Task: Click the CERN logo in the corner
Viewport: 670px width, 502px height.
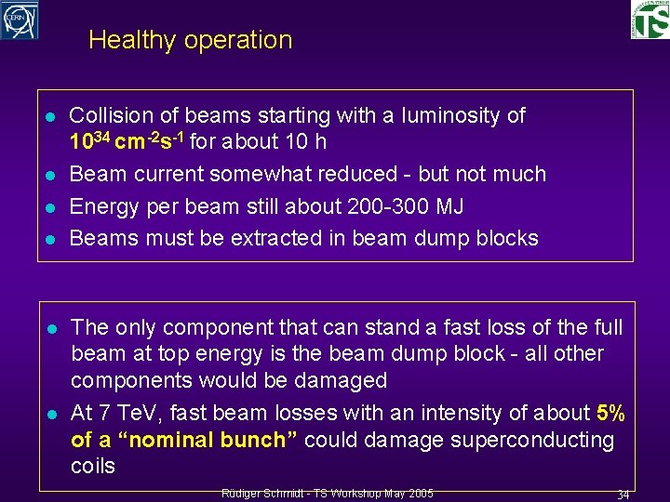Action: click(20, 20)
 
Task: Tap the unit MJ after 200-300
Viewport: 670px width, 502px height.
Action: click(446, 205)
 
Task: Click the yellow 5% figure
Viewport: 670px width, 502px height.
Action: click(610, 413)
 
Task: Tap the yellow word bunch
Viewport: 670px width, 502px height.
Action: click(255, 440)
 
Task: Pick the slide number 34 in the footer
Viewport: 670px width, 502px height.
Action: click(623, 495)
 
